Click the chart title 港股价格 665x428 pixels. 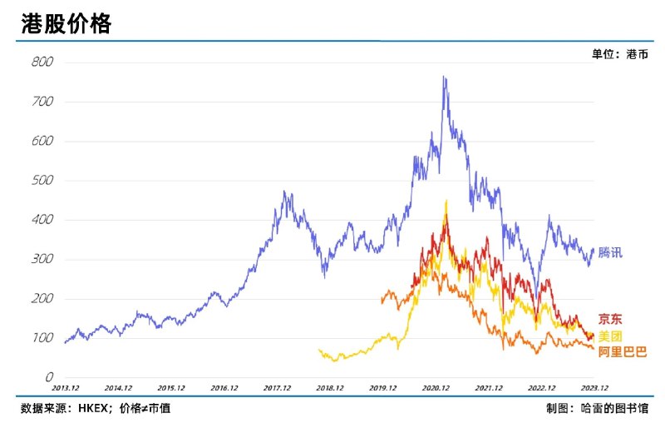pyautogui.click(x=66, y=24)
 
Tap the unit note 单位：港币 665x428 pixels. pyautogui.click(x=619, y=54)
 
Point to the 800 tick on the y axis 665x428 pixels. pyautogui.click(x=42, y=62)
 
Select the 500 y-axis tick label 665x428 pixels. pyautogui.click(x=42, y=181)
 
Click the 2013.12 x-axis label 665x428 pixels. pyautogui.click(x=66, y=388)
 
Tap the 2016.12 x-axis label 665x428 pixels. pyautogui.click(x=224, y=388)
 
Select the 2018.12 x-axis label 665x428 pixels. pyautogui.click(x=330, y=388)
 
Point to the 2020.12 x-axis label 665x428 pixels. pyautogui.click(x=436, y=388)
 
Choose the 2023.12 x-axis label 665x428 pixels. pyautogui.click(x=594, y=388)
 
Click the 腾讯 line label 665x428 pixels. pyautogui.click(x=609, y=252)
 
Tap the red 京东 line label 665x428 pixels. pyautogui.click(x=609, y=319)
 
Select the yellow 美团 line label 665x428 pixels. pyautogui.click(x=609, y=336)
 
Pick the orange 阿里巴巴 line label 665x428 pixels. pyautogui.click(x=622, y=352)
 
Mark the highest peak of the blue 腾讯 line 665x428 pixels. pyautogui.click(x=444, y=77)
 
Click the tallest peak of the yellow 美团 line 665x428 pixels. pyautogui.click(x=446, y=201)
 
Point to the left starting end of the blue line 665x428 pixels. pyautogui.click(x=65, y=342)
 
